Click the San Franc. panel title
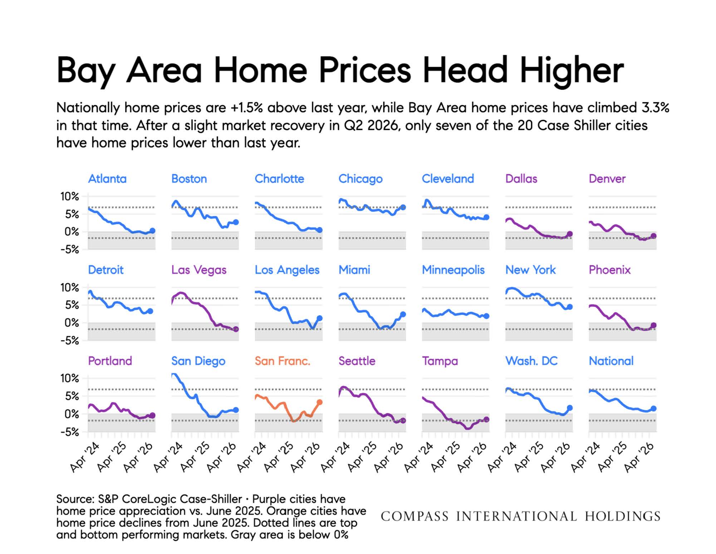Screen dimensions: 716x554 282,361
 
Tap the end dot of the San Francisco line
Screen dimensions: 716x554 319,402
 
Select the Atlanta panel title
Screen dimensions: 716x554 107,179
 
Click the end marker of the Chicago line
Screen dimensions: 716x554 403,207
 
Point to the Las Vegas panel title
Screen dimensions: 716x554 199,270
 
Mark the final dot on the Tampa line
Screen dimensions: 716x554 486,419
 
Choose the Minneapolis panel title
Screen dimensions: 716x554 453,270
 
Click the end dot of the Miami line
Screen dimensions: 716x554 403,314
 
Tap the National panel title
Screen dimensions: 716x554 611,361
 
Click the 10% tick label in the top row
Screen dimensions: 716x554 69,196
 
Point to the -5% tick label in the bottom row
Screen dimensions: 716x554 69,432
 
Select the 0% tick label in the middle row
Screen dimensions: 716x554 72,323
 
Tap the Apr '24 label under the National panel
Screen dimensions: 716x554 585,457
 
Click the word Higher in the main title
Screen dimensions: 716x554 572,71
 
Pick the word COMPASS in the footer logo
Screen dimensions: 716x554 415,516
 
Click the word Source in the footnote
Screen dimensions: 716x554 75,499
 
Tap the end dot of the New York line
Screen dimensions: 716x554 570,307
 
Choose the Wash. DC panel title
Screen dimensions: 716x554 531,361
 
